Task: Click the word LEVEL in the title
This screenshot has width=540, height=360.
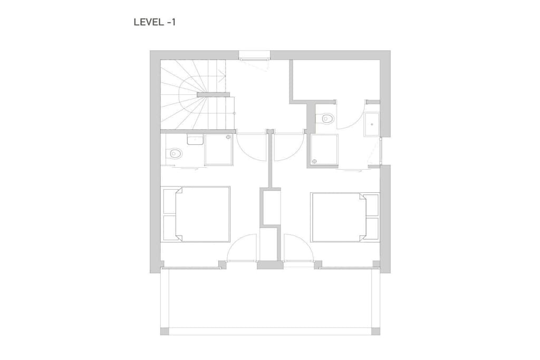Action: pyautogui.click(x=149, y=22)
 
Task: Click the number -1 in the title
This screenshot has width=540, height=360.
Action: pyautogui.click(x=171, y=22)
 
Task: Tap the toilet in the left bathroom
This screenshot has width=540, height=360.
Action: pyautogui.click(x=175, y=153)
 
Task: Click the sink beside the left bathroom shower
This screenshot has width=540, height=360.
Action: pyautogui.click(x=195, y=139)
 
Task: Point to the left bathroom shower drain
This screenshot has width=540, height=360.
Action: pyautogui.click(x=228, y=137)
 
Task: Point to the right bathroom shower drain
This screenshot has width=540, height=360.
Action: pyautogui.click(x=314, y=161)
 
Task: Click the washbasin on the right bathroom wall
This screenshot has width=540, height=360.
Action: pyautogui.click(x=372, y=124)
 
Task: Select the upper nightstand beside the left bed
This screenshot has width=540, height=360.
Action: pyautogui.click(x=169, y=201)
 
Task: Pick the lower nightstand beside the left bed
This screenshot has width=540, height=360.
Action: pyautogui.click(x=169, y=228)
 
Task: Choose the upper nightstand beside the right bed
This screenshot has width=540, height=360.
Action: pyautogui.click(x=372, y=206)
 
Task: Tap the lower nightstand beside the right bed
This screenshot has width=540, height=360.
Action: pyautogui.click(x=372, y=228)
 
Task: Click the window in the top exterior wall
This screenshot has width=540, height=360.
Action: pyautogui.click(x=255, y=55)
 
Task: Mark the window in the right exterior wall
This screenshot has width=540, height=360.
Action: pyautogui.click(x=381, y=151)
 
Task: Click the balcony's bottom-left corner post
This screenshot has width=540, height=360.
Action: pyautogui.click(x=165, y=331)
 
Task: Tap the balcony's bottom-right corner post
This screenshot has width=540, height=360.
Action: pyautogui.click(x=375, y=331)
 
